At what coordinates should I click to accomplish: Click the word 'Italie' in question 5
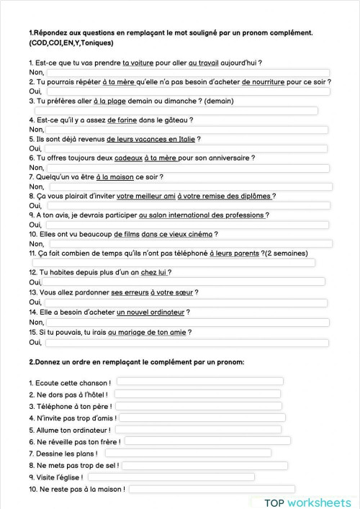click(183, 139)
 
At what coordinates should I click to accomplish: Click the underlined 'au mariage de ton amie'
click(149, 333)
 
